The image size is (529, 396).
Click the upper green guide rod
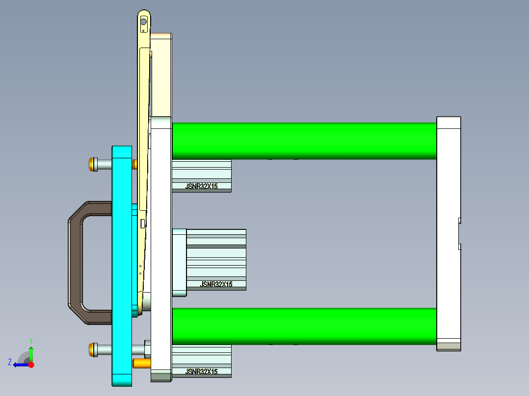[304, 140]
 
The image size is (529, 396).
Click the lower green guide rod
[304, 326]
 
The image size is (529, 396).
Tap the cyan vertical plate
[121, 265]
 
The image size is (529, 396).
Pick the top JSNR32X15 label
[201, 186]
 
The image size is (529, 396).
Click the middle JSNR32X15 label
[216, 284]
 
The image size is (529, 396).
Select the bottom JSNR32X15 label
[201, 372]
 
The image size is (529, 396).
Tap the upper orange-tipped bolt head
[92, 164]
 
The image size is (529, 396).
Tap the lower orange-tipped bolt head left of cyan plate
[92, 349]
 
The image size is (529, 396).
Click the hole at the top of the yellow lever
[143, 22]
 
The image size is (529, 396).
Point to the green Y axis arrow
[31, 352]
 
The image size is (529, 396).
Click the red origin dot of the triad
[31, 365]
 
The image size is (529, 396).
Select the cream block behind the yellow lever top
[161, 74]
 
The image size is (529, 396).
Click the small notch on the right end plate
[459, 233]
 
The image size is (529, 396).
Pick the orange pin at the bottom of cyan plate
[142, 363]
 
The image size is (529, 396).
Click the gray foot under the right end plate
[449, 346]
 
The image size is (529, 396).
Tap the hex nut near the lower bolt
[147, 349]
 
